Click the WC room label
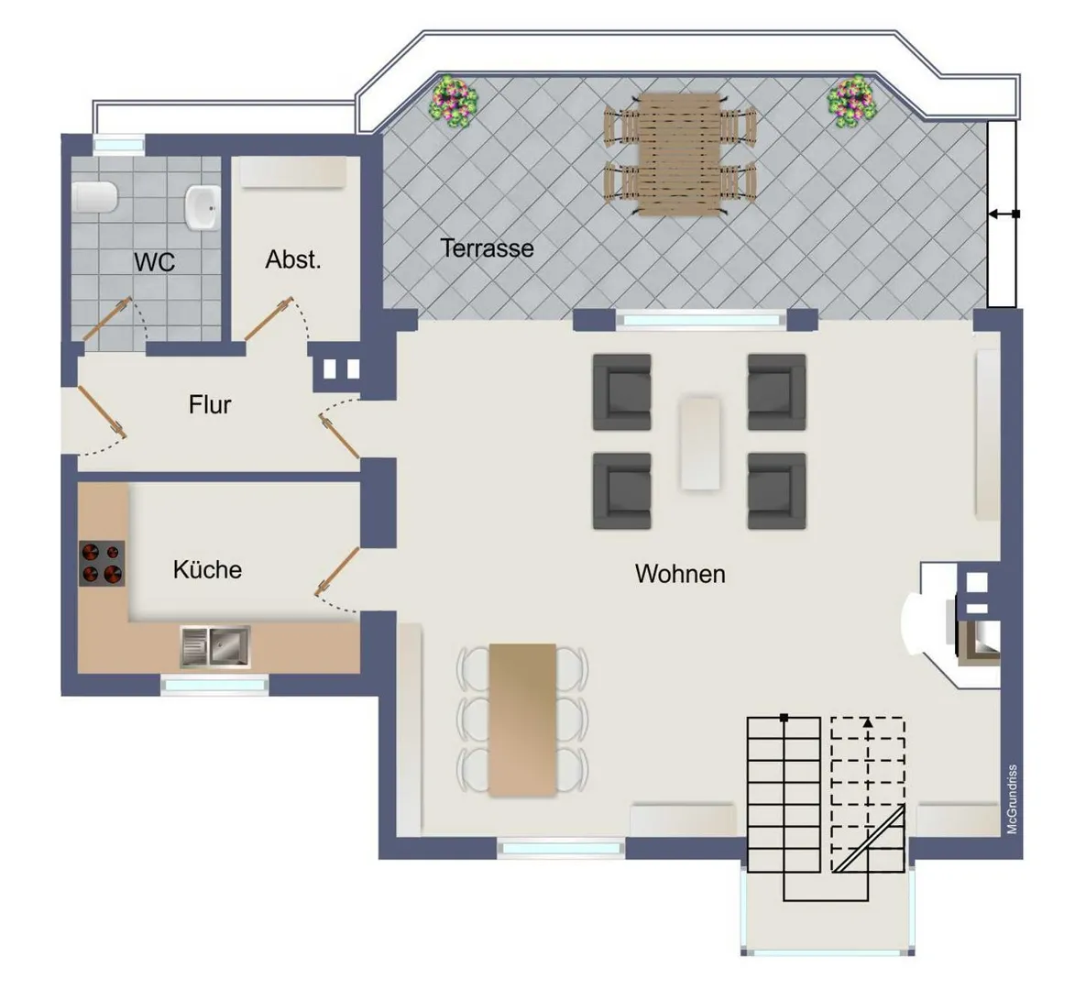pos(154,262)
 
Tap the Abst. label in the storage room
pos(293,259)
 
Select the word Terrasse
pos(487,248)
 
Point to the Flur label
pos(210,404)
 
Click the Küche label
pos(207,569)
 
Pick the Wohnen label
pos(680,574)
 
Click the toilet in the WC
pos(95,197)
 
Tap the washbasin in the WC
pos(203,207)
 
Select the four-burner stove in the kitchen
pos(102,564)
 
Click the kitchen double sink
pos(215,646)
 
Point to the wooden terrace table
pos(680,155)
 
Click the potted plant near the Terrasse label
pos(453,102)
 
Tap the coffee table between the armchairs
pos(700,443)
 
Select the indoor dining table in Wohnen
pos(522,720)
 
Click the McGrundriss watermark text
pos(1013,799)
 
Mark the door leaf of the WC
pos(107,319)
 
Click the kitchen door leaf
pos(337,571)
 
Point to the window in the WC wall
pos(118,145)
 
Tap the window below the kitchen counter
pos(215,684)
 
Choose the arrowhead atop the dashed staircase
pos(868,722)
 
